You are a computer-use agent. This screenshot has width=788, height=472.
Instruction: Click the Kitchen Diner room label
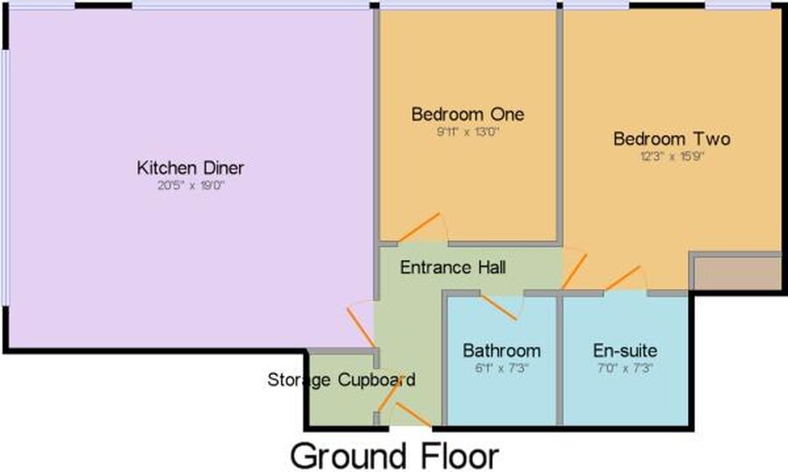(191, 167)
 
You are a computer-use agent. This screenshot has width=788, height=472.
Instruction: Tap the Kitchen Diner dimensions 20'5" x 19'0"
(191, 186)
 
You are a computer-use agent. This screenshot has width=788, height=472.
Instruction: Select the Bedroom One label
(468, 114)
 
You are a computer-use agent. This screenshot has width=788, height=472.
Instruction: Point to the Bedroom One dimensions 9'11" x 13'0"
(468, 131)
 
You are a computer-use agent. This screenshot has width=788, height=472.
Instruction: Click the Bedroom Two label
(672, 138)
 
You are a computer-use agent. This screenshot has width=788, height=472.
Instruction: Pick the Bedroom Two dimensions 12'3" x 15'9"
(672, 156)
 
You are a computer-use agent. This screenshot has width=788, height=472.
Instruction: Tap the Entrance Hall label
(453, 267)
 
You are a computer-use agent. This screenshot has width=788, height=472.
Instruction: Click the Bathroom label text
(502, 350)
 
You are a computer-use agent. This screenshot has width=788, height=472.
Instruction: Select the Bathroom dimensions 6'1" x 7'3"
(502, 368)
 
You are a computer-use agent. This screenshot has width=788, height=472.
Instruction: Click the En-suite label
(624, 350)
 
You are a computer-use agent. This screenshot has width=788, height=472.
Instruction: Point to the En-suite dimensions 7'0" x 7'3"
(624, 368)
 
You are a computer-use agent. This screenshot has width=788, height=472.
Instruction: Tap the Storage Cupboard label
(341, 379)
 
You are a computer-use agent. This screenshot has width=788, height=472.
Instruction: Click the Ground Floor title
(395, 456)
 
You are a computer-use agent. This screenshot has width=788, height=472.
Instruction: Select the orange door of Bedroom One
(419, 227)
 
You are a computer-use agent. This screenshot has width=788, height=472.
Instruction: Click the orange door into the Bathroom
(498, 307)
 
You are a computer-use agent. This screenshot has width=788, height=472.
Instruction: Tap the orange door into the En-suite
(623, 278)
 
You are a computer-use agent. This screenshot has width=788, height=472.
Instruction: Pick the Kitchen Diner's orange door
(361, 328)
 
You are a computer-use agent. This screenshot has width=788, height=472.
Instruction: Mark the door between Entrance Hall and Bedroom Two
(574, 271)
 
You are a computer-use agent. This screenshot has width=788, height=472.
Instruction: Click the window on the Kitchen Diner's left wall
(4, 178)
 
